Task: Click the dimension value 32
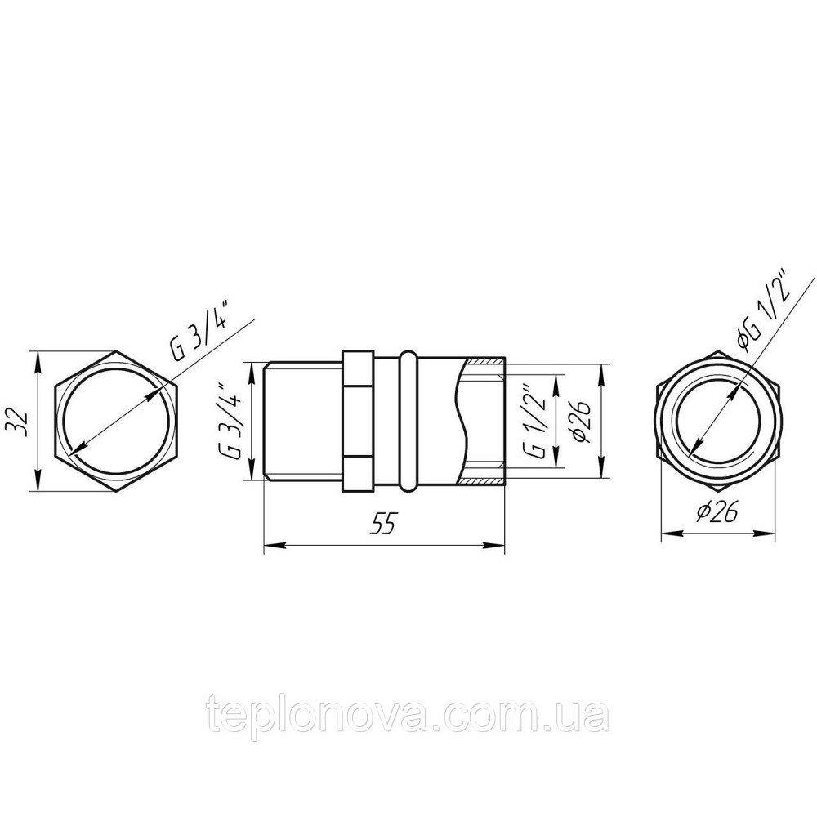pos(22,421)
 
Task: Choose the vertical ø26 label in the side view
pos(582,422)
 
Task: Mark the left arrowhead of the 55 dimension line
pos(269,544)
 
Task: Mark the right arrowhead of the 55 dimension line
pos(499,544)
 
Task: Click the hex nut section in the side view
pos(357,422)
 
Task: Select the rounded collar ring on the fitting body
pos(408,422)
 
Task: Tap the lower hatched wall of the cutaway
pos(484,479)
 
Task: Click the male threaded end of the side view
pos(302,422)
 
